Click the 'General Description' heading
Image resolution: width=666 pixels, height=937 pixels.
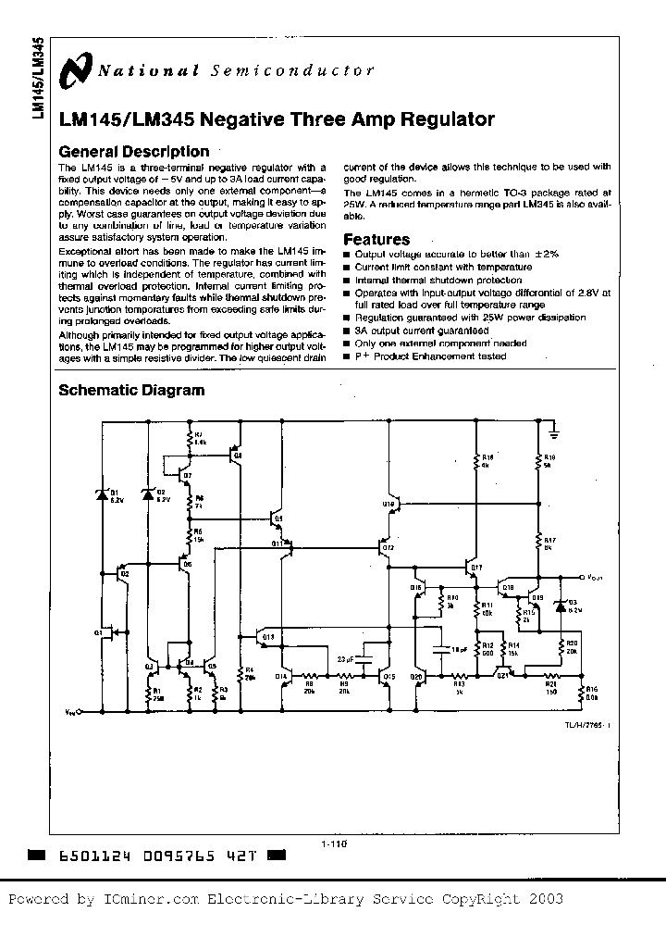pyautogui.click(x=133, y=152)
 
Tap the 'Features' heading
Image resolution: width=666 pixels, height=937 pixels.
pyautogui.click(x=376, y=239)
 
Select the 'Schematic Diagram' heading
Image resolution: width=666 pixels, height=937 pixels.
pyautogui.click(x=131, y=390)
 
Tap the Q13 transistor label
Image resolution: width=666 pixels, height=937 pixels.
pyautogui.click(x=267, y=637)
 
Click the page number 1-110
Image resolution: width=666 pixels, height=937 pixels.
pyautogui.click(x=333, y=843)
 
